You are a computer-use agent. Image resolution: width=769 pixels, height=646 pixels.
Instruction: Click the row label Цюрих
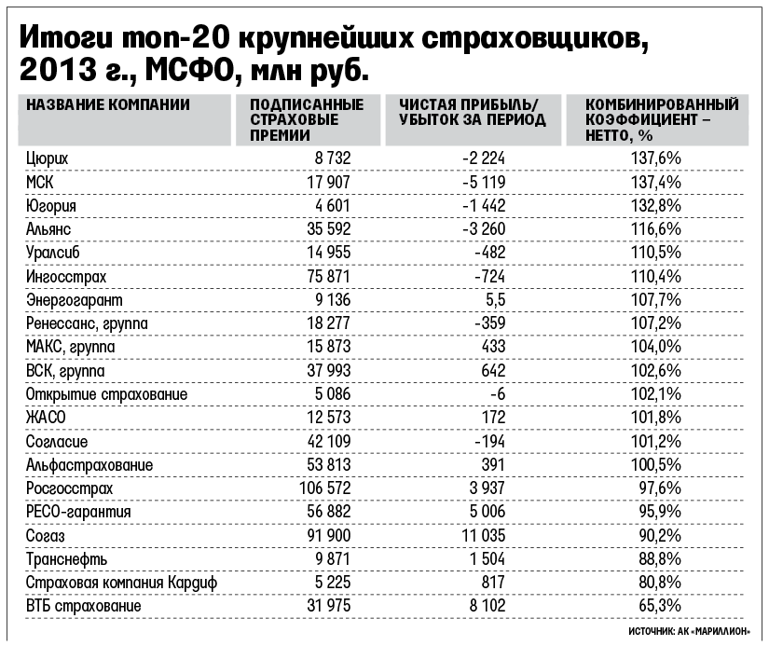[x=48, y=158]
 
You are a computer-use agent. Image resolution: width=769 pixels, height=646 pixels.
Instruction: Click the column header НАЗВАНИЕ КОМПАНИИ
[x=108, y=104]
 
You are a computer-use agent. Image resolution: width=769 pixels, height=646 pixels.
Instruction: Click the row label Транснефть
[x=67, y=559]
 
